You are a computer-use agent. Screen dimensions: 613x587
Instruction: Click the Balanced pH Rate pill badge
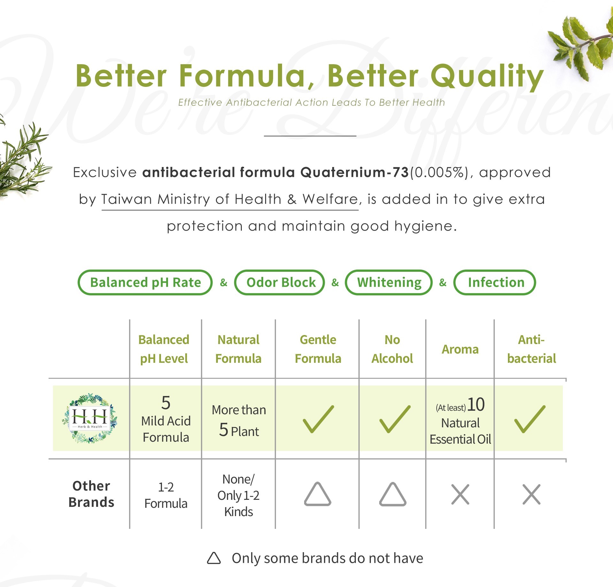pos(145,282)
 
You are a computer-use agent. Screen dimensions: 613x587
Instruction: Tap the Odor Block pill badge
pos(280,282)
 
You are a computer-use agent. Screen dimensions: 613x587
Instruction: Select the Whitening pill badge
pos(389,282)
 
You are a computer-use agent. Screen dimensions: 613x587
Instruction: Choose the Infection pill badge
pos(494,282)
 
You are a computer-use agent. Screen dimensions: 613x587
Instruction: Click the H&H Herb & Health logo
pos(90,418)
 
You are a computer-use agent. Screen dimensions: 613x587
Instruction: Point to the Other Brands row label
pos(91,494)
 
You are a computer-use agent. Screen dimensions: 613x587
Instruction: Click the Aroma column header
pos(460,349)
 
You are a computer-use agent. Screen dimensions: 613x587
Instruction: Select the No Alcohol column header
pos(392,349)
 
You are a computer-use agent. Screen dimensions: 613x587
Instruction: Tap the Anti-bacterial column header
pos(532,349)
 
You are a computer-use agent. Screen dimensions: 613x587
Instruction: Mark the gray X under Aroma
pos(460,494)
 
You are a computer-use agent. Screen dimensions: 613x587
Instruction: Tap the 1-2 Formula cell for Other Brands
pos(166,495)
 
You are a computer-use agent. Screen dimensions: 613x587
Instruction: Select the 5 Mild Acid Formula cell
pos(166,419)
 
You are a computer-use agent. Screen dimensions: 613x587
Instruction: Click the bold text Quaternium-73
pos(355,172)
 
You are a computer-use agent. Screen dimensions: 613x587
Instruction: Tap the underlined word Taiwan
pos(126,199)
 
